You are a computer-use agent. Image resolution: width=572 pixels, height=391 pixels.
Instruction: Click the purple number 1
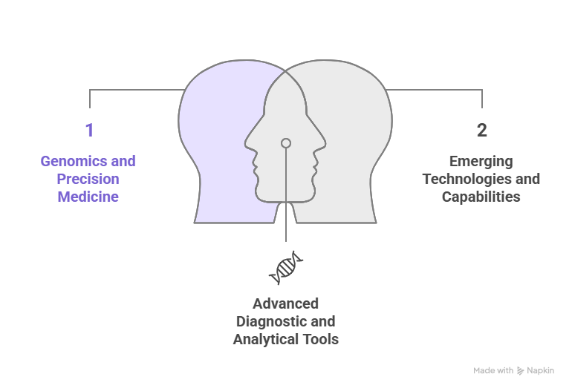(x=89, y=131)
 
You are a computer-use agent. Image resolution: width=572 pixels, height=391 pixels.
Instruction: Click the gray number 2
(x=482, y=131)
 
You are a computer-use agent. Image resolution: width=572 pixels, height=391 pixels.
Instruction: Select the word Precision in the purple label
(x=88, y=179)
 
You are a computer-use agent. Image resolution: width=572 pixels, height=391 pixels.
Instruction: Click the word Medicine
(x=88, y=197)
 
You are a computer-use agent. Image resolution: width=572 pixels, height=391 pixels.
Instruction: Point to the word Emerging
(x=481, y=161)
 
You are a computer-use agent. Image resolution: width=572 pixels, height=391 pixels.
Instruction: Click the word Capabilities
(x=481, y=197)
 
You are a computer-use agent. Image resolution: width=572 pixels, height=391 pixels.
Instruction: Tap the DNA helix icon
(x=286, y=268)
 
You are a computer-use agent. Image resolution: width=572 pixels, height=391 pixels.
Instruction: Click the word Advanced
(x=286, y=303)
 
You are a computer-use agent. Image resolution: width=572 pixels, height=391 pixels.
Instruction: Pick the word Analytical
(x=266, y=339)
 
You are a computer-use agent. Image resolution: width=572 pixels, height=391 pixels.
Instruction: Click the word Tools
(x=320, y=339)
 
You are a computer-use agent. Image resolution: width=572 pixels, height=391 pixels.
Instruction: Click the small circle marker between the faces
(x=286, y=143)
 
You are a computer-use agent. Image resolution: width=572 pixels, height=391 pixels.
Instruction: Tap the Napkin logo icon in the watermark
(x=520, y=370)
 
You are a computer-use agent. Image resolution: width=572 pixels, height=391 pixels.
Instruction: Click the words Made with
(x=493, y=370)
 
